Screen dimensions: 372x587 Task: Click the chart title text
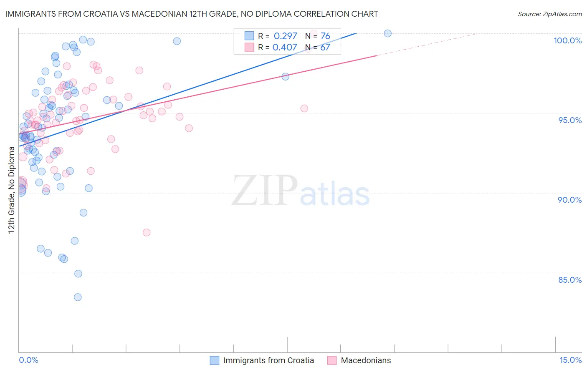[x=192, y=14]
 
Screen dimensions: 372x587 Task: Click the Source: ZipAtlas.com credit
[x=549, y=14]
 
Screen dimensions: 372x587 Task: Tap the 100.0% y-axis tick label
[x=567, y=40]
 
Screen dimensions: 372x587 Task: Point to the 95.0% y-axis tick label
[x=570, y=120]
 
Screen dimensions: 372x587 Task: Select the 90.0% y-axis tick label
[x=570, y=200]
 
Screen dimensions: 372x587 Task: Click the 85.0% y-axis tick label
[x=570, y=280]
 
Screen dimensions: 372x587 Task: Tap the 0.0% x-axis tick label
[x=28, y=360]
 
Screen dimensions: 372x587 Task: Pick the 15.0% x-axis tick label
[x=570, y=360]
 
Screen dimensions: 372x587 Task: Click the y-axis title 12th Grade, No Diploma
[x=12, y=190]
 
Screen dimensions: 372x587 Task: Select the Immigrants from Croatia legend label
[x=268, y=360]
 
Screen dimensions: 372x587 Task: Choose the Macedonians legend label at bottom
[x=366, y=360]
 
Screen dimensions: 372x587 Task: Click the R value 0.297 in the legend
[x=285, y=36]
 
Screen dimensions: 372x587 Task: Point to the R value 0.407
[x=285, y=48]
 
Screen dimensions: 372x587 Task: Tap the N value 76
[x=325, y=36]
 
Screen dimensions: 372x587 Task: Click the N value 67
[x=325, y=48]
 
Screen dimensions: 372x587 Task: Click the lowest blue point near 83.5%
[x=78, y=297]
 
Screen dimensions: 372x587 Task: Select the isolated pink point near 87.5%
[x=147, y=233]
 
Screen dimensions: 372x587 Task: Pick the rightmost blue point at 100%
[x=387, y=33]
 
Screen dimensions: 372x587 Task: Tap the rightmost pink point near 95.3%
[x=304, y=108]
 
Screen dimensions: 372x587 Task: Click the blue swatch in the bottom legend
[x=214, y=360]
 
